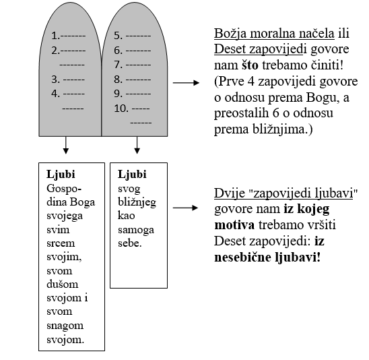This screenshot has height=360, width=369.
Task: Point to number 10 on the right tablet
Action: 119,109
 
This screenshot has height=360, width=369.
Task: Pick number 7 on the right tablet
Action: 116,65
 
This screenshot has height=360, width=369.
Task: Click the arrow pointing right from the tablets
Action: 187,84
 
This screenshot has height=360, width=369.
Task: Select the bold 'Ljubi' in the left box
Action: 50,173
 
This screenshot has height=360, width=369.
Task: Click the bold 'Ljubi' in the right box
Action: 131,174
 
